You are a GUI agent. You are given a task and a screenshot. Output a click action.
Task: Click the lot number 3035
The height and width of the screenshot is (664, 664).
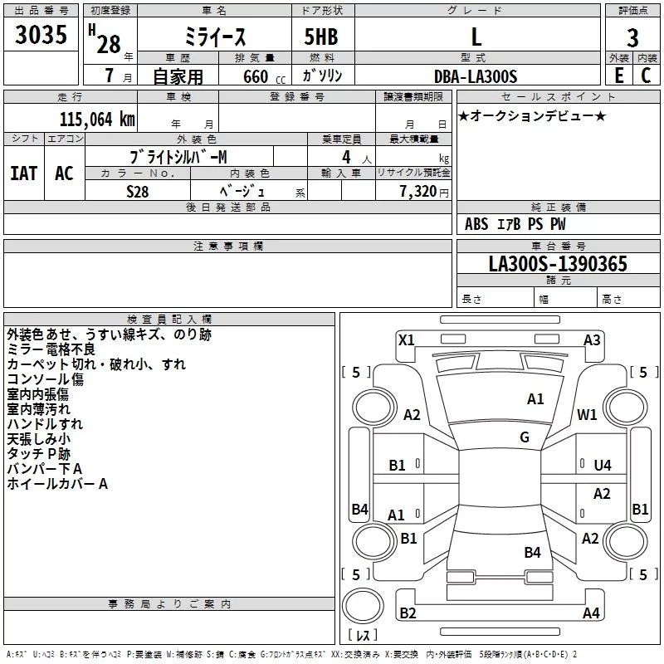pos(41,34)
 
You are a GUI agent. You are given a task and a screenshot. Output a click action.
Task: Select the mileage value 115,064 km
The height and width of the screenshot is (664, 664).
pos(97,120)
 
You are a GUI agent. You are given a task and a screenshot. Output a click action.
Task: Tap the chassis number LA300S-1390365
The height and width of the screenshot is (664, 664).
pos(558,264)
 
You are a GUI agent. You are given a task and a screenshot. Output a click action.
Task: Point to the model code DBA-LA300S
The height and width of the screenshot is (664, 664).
pos(476,76)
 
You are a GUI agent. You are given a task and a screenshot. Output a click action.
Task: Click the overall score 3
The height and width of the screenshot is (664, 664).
pos(632,38)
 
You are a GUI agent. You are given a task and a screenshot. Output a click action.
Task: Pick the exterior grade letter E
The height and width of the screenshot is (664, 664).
pos(618,76)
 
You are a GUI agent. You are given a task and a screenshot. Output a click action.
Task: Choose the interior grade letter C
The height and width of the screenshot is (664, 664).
pos(646,76)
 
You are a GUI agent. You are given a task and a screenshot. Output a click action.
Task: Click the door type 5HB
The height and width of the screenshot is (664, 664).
pos(321,37)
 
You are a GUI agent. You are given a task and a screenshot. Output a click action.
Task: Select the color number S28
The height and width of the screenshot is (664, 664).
pos(138,192)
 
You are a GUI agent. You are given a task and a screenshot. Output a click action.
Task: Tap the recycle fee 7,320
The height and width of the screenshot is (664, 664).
pos(418,192)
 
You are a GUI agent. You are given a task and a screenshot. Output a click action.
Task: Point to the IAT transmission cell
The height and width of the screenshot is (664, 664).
pos(24,173)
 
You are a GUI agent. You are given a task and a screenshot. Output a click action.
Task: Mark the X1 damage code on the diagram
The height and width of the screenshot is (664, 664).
pos(406,340)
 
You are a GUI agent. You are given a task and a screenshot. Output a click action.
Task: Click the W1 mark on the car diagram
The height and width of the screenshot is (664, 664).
pos(587,414)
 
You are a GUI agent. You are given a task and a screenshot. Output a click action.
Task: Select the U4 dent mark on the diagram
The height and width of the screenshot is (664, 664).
pos(603,466)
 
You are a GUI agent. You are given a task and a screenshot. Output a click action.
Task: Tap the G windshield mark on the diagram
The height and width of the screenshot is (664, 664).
pos(525,437)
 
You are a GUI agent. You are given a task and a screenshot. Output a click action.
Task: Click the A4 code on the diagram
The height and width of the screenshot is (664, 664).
pos(591,613)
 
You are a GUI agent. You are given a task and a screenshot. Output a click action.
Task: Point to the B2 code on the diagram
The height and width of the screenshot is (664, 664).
pos(408,613)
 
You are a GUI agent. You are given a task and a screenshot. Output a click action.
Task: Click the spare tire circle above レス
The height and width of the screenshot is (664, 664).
pos(363,606)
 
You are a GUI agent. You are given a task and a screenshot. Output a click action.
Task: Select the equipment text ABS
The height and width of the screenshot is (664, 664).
pos(476,224)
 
